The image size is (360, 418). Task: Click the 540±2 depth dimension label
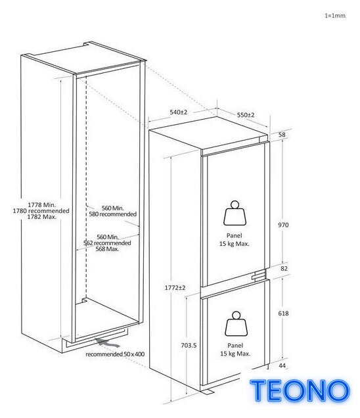coord(179,112)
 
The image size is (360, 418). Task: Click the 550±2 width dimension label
coord(246,115)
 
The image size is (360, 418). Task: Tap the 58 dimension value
coord(282,135)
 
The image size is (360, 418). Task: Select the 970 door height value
coord(283,225)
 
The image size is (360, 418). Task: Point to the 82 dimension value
coord(284,268)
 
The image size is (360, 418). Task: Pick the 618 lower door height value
coord(283,313)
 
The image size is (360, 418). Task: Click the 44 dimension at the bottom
coord(282,365)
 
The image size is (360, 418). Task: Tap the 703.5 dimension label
coord(189,346)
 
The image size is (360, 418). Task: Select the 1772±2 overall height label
coord(175,288)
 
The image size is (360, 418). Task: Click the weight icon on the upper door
coord(235,213)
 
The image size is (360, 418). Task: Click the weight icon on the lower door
coord(236,324)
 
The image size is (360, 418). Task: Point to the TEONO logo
coord(300,390)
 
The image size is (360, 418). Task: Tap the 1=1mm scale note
coord(335,16)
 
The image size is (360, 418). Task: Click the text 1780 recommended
coord(41,211)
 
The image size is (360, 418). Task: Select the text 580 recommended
coord(113,214)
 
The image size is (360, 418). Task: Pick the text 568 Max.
coord(107,249)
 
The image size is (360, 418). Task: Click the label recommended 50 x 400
coord(115,354)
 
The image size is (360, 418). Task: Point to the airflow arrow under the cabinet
coord(108,343)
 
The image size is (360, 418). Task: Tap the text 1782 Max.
coord(42,217)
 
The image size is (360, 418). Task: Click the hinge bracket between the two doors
coord(259,275)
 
